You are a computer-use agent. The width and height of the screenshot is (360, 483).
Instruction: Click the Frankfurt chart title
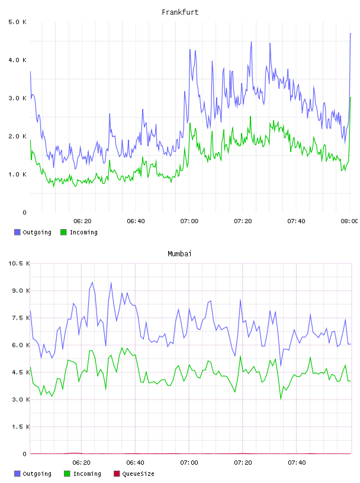[180, 12]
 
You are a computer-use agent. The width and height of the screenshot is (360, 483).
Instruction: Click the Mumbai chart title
[179, 254]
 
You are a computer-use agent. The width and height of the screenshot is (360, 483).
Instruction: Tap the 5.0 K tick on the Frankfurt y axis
[17, 22]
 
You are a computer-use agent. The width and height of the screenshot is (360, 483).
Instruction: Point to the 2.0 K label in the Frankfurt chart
[17, 136]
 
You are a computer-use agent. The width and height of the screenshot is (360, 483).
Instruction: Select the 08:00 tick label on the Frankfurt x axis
[349, 221]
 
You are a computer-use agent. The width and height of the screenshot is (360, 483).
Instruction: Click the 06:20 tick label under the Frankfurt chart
[82, 221]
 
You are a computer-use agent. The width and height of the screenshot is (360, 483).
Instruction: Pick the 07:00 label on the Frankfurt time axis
[189, 221]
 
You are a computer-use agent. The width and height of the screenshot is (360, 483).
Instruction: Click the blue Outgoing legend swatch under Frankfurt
[17, 232]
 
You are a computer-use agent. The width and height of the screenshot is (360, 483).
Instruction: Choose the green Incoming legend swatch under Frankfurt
[63, 232]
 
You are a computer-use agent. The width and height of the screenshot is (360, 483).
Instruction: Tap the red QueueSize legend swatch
[117, 474]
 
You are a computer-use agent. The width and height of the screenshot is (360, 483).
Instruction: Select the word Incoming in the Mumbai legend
[87, 474]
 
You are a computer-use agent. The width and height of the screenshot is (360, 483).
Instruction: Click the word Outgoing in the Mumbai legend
[37, 474]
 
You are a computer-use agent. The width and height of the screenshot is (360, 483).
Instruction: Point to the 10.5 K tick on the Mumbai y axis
[19, 263]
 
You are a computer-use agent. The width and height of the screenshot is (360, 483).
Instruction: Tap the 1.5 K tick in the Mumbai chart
[21, 427]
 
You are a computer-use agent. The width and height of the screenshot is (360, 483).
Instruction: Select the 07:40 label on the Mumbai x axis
[297, 463]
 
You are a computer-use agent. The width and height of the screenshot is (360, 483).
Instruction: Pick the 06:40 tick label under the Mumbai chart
[136, 463]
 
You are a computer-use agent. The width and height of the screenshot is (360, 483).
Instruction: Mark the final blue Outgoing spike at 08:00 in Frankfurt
[351, 34]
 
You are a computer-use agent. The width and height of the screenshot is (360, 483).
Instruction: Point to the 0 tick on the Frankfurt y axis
[25, 212]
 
